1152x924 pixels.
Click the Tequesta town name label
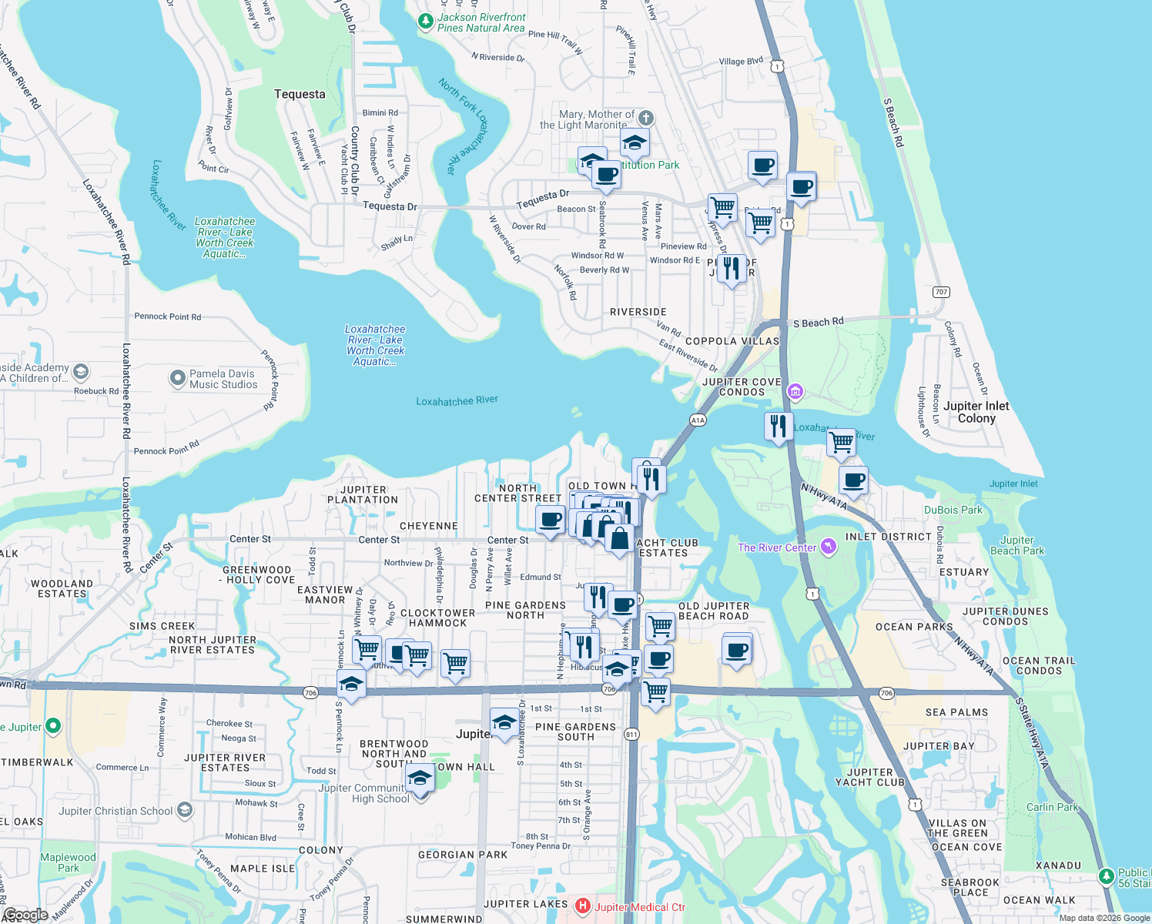[x=300, y=94]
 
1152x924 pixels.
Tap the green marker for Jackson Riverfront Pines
[x=425, y=22]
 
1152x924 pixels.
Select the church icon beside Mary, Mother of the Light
[x=646, y=118]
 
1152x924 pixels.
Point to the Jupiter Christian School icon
[x=185, y=810]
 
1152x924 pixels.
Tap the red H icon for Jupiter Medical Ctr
[x=583, y=906]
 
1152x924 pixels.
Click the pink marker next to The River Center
[x=828, y=547]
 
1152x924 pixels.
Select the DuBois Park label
[x=953, y=510]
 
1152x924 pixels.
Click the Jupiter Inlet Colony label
[x=976, y=412]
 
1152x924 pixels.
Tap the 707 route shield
[x=941, y=292]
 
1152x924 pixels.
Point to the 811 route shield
[x=631, y=734]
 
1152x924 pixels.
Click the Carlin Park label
[x=1052, y=807]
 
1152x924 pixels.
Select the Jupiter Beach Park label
[x=1016, y=545]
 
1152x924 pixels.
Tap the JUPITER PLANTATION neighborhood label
[x=363, y=494]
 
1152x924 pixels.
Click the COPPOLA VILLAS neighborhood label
[x=732, y=341]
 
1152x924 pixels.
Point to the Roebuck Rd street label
[x=96, y=391]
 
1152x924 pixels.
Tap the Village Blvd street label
[x=741, y=61]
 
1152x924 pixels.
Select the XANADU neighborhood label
[x=1058, y=865]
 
